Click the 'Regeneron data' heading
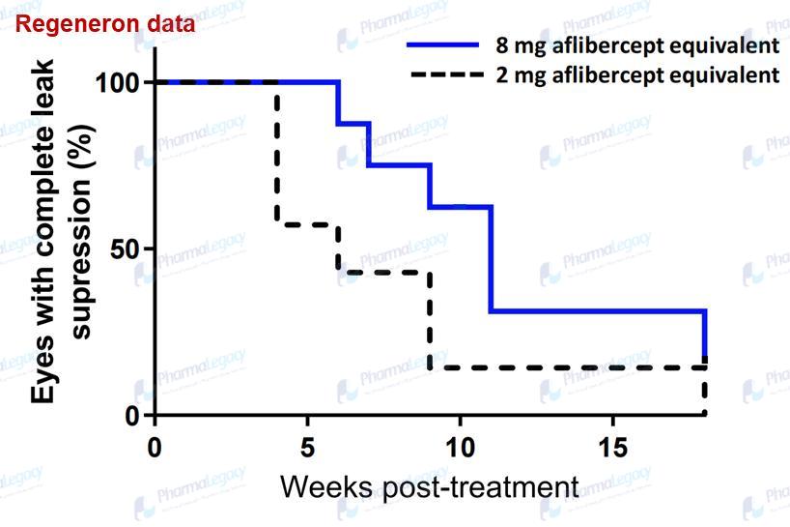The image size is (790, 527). (x=105, y=24)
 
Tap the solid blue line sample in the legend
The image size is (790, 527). (x=443, y=45)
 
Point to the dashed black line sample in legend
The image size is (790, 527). (x=443, y=74)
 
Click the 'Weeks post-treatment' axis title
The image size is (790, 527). (x=430, y=485)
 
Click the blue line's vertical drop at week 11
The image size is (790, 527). (x=491, y=258)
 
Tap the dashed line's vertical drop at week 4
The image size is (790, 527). (x=277, y=155)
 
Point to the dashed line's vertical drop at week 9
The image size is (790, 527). (x=430, y=319)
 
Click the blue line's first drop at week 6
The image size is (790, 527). (x=338, y=102)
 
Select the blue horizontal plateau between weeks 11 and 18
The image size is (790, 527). (x=599, y=311)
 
